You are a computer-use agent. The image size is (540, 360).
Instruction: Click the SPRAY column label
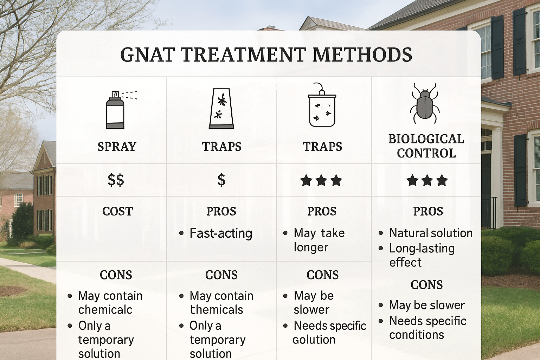pyautogui.click(x=117, y=147)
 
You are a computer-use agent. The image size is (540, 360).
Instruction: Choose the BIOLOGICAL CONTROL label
pyautogui.click(x=426, y=146)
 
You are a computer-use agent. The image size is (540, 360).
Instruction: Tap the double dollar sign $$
pyautogui.click(x=116, y=180)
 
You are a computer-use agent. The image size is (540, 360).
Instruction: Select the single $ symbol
pyautogui.click(x=221, y=180)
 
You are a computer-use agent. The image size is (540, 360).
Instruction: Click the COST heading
pyautogui.click(x=117, y=211)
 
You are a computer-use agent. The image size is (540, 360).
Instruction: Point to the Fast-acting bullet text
pyautogui.click(x=221, y=233)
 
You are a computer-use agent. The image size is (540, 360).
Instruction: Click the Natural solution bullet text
pyautogui.click(x=431, y=233)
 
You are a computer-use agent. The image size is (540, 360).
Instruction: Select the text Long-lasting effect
pyautogui.click(x=422, y=255)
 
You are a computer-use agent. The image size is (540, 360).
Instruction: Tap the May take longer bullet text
pyautogui.click(x=319, y=240)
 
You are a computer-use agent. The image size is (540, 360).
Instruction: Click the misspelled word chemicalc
pyautogui.click(x=105, y=310)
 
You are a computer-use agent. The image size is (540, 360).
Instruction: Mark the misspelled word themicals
pyautogui.click(x=217, y=310)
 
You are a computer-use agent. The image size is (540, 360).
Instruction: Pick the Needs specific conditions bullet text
pyautogui.click(x=427, y=328)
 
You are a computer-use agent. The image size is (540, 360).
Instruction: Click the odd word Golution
pyautogui.click(x=314, y=340)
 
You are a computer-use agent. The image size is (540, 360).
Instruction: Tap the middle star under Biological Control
pyautogui.click(x=427, y=181)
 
